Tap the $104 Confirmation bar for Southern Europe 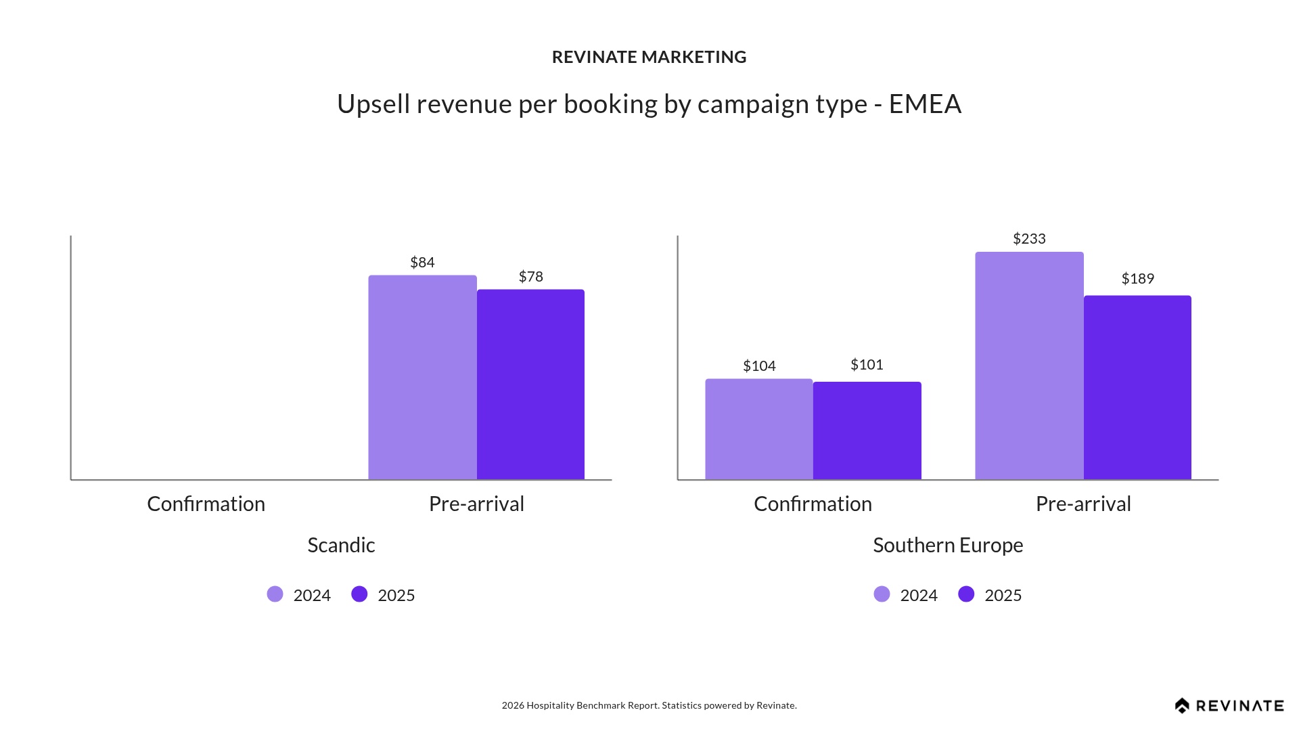click(758, 429)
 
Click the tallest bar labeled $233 click(1029, 365)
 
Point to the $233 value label click(1029, 238)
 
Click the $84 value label click(422, 262)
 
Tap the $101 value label click(867, 364)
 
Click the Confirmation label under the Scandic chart click(206, 504)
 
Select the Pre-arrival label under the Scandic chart click(476, 504)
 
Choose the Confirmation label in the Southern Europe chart click(813, 504)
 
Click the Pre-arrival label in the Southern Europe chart click(1083, 504)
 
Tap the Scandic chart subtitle click(341, 545)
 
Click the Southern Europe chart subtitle click(948, 545)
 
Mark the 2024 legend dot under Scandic click(275, 594)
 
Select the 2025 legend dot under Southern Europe click(966, 594)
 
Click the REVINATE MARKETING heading click(649, 57)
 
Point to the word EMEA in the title click(925, 104)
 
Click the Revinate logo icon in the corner click(1182, 706)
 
